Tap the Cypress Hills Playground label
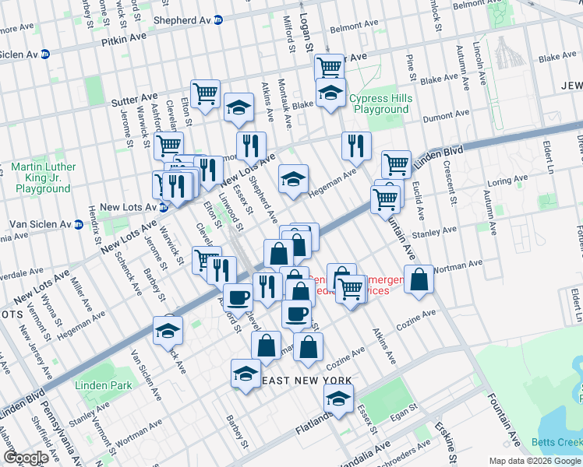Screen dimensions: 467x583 click(379, 104)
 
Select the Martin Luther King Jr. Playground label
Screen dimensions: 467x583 click(44, 177)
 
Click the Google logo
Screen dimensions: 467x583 click(26, 458)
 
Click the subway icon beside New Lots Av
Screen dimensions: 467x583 click(164, 207)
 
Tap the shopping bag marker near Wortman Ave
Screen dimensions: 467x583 click(419, 281)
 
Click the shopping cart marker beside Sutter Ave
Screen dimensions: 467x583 click(205, 94)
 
